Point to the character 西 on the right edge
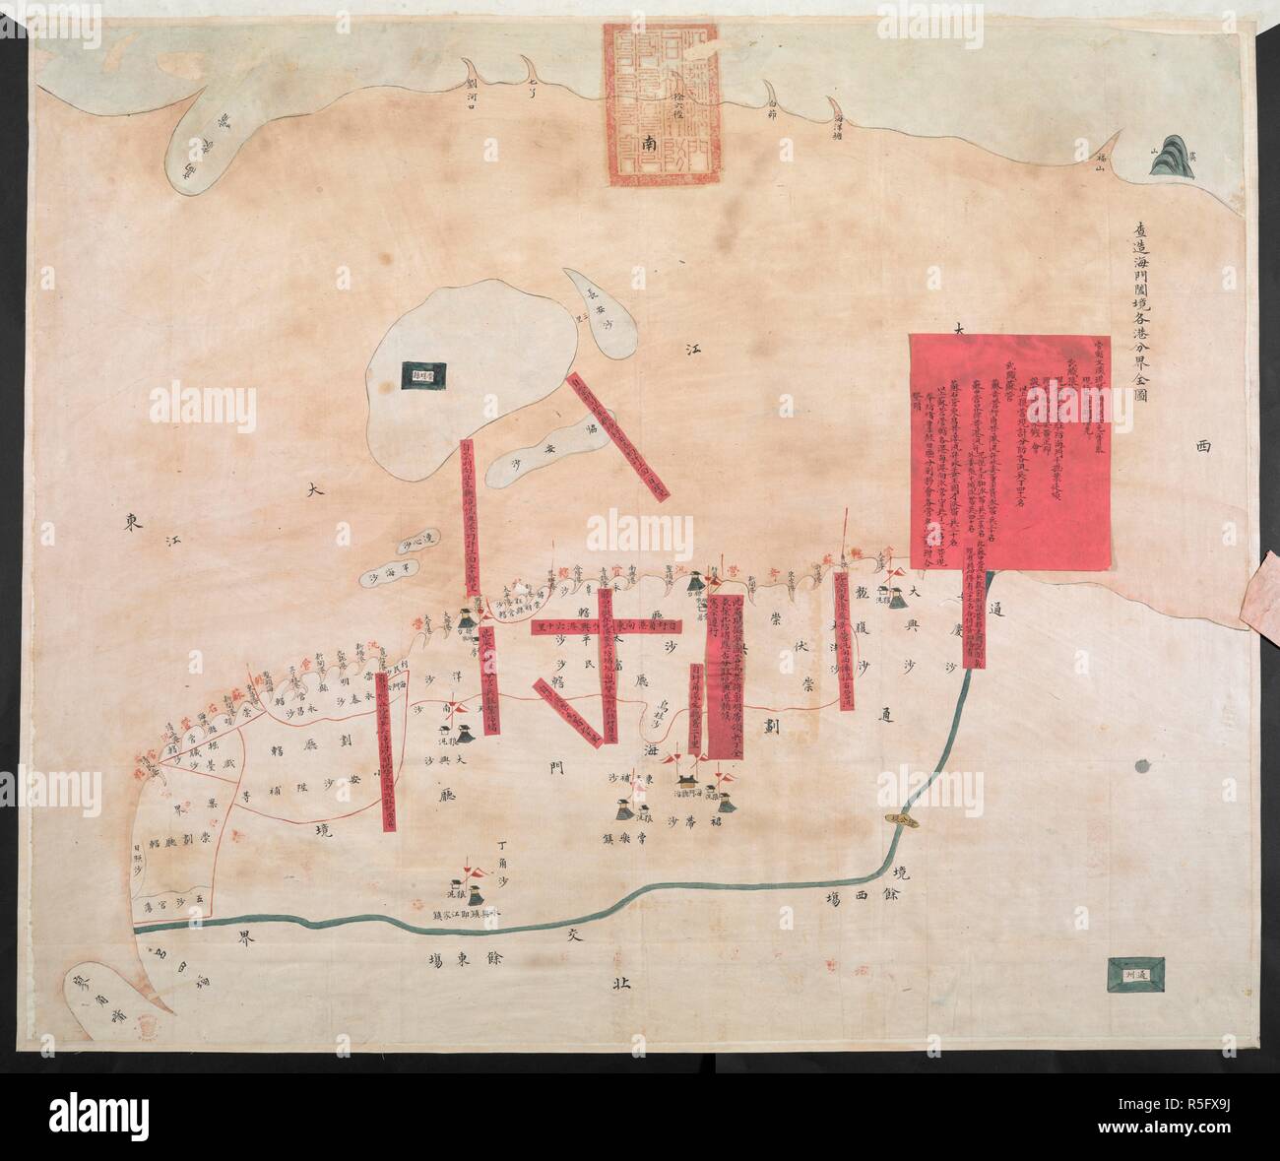click(1203, 446)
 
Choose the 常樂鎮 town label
click(677, 843)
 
